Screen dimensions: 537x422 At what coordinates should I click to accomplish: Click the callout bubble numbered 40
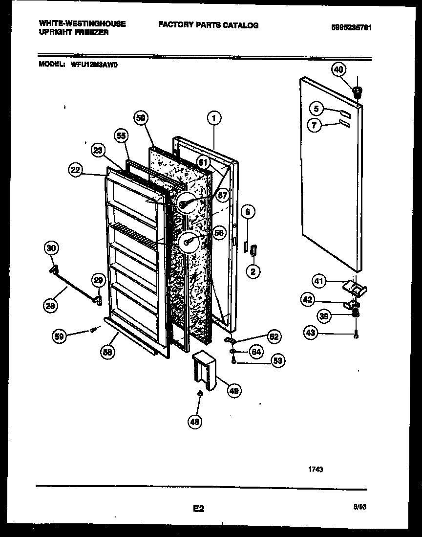coord(338,70)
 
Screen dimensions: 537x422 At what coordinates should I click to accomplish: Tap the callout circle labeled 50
coord(141,117)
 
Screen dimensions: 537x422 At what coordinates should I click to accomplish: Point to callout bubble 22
coord(75,170)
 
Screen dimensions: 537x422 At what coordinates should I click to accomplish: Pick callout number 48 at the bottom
coord(195,421)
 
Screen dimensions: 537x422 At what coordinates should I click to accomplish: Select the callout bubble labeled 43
coord(310,333)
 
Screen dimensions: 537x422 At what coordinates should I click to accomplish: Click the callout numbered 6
coord(248,212)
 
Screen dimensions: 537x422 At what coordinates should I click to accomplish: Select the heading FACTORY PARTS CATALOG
coord(208,25)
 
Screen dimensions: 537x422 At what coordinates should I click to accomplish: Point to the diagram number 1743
coord(316,469)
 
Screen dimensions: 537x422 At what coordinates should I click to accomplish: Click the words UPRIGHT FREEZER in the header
coord(73,32)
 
